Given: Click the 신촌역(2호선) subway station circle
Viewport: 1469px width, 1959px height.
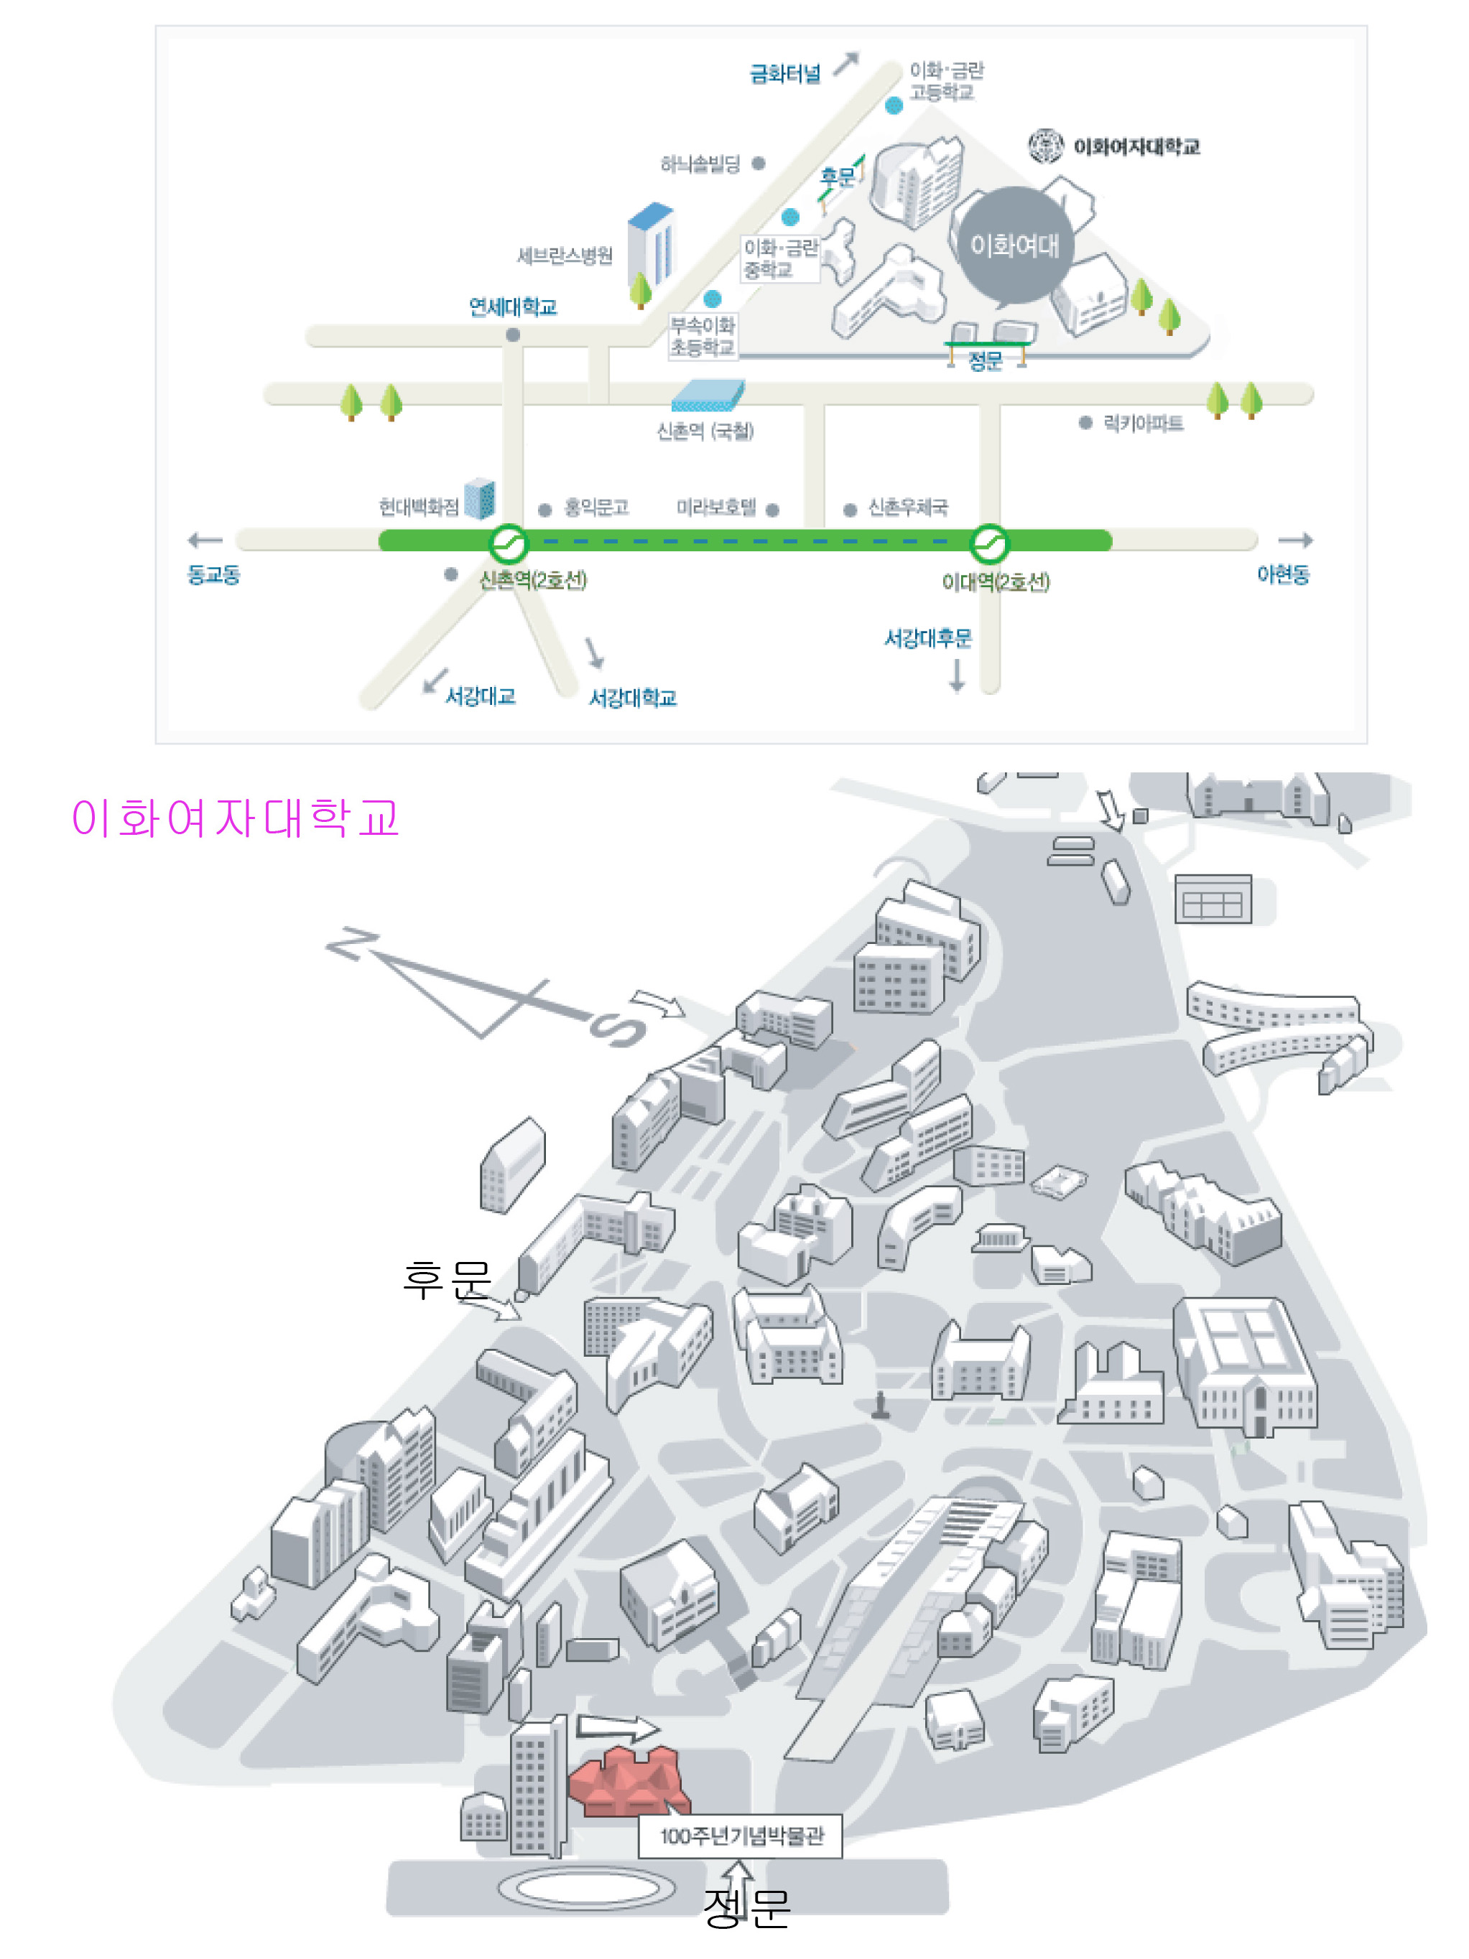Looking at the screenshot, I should (x=509, y=544).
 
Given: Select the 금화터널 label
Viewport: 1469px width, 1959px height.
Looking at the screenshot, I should (x=785, y=73).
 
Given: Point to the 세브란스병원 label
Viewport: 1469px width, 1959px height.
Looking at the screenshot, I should (x=565, y=256).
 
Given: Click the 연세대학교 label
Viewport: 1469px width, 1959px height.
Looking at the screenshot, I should (x=512, y=307).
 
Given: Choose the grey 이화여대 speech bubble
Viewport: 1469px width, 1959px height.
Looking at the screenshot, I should (x=1014, y=245).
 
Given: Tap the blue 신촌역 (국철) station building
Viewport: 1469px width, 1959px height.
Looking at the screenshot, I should (x=707, y=395).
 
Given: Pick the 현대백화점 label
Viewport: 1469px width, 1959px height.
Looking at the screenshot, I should (x=418, y=507).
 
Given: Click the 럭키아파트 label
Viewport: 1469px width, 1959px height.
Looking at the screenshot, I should (x=1142, y=424).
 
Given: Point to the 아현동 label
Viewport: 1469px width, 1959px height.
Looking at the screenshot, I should (x=1282, y=575).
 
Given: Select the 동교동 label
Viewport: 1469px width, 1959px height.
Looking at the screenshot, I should (x=213, y=575).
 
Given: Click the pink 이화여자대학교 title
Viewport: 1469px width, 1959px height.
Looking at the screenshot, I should (x=235, y=818).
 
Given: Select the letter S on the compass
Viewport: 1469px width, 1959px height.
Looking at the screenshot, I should (x=618, y=1030).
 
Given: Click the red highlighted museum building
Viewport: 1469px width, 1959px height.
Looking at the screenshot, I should (x=626, y=1782).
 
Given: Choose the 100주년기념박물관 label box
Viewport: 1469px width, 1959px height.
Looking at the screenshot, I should (x=741, y=1836).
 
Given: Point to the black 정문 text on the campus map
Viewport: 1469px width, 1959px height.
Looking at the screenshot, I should (x=746, y=1907).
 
